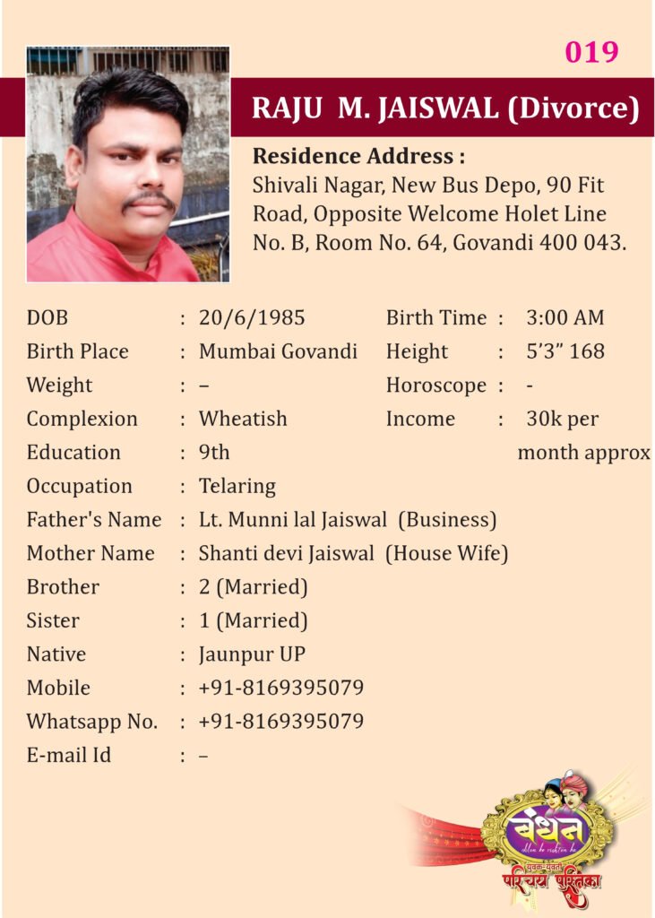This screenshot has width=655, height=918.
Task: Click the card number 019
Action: (x=591, y=52)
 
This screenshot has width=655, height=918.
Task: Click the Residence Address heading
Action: (x=358, y=156)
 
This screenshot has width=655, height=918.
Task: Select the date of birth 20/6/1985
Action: (x=252, y=318)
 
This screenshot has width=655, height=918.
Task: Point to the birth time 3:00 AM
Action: (x=565, y=318)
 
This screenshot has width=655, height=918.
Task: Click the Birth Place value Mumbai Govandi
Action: (x=278, y=351)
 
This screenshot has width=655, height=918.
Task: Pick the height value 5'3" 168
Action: (x=565, y=351)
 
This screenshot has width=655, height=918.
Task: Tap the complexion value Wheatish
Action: (x=243, y=419)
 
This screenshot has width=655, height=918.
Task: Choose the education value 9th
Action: (x=214, y=453)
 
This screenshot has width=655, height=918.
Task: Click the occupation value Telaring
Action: (x=237, y=486)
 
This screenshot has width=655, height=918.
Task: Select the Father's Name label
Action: (x=94, y=520)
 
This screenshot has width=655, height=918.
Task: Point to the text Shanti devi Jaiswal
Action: (x=286, y=554)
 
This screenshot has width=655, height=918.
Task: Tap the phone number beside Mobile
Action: (x=281, y=688)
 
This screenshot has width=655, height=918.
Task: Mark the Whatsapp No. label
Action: (x=91, y=722)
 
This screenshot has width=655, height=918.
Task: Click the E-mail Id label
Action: (x=69, y=755)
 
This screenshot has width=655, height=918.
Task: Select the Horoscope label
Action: (x=436, y=385)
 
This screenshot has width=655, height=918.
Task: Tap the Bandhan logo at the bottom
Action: (x=548, y=829)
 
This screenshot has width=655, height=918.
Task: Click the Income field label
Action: (x=420, y=419)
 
